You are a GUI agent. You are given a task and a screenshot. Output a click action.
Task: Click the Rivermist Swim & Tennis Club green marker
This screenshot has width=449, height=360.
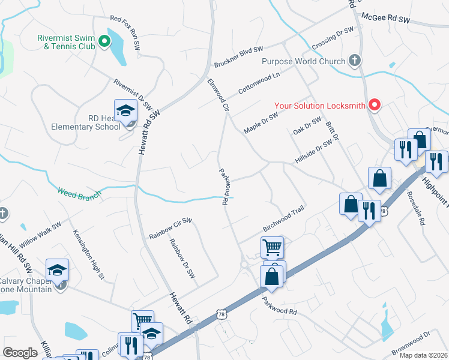[x=104, y=41]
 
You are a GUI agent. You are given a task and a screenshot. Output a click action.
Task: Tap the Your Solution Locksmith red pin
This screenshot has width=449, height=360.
[x=375, y=106]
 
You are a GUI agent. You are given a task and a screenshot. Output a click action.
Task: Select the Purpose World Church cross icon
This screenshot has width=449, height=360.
[x=355, y=61]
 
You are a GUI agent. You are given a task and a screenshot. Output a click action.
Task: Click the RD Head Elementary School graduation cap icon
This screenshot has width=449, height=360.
[x=126, y=110]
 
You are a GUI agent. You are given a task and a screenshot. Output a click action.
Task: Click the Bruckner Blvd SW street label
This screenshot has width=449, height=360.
[x=238, y=56]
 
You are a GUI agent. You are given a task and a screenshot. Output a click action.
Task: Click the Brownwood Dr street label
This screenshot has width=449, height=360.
[x=411, y=343]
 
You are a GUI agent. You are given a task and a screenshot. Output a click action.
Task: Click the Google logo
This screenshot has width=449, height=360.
[x=20, y=353]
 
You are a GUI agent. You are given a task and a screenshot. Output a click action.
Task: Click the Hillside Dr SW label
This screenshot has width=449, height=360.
[x=313, y=152]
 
